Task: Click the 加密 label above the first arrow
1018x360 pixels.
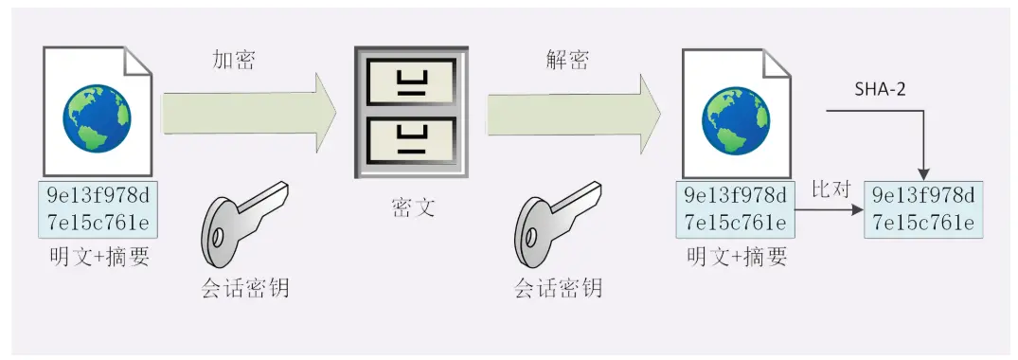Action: click(x=233, y=62)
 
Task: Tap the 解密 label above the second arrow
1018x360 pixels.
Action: click(x=567, y=62)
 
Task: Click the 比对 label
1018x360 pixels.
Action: click(x=830, y=189)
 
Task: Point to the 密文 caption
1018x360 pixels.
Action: click(x=413, y=207)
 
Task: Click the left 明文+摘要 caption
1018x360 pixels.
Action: click(x=99, y=257)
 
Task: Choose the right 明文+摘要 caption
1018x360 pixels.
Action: click(x=738, y=257)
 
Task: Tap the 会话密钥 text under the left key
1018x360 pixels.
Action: click(x=245, y=287)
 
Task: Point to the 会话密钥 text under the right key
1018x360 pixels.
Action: click(x=559, y=287)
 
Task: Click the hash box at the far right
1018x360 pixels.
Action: click(x=922, y=210)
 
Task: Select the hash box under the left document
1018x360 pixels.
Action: click(x=98, y=210)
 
